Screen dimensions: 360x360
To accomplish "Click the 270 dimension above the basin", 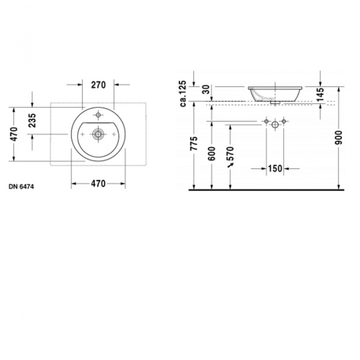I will (x=98, y=85).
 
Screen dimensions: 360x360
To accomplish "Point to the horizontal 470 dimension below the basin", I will (x=98, y=184).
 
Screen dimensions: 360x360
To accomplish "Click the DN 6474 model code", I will (x=21, y=187).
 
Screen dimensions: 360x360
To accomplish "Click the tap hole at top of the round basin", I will (x=98, y=115).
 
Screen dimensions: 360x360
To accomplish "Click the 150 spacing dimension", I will (x=274, y=169).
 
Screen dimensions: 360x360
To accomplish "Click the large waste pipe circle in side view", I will (x=275, y=125).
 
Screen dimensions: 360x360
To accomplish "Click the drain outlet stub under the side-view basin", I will (x=274, y=103).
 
